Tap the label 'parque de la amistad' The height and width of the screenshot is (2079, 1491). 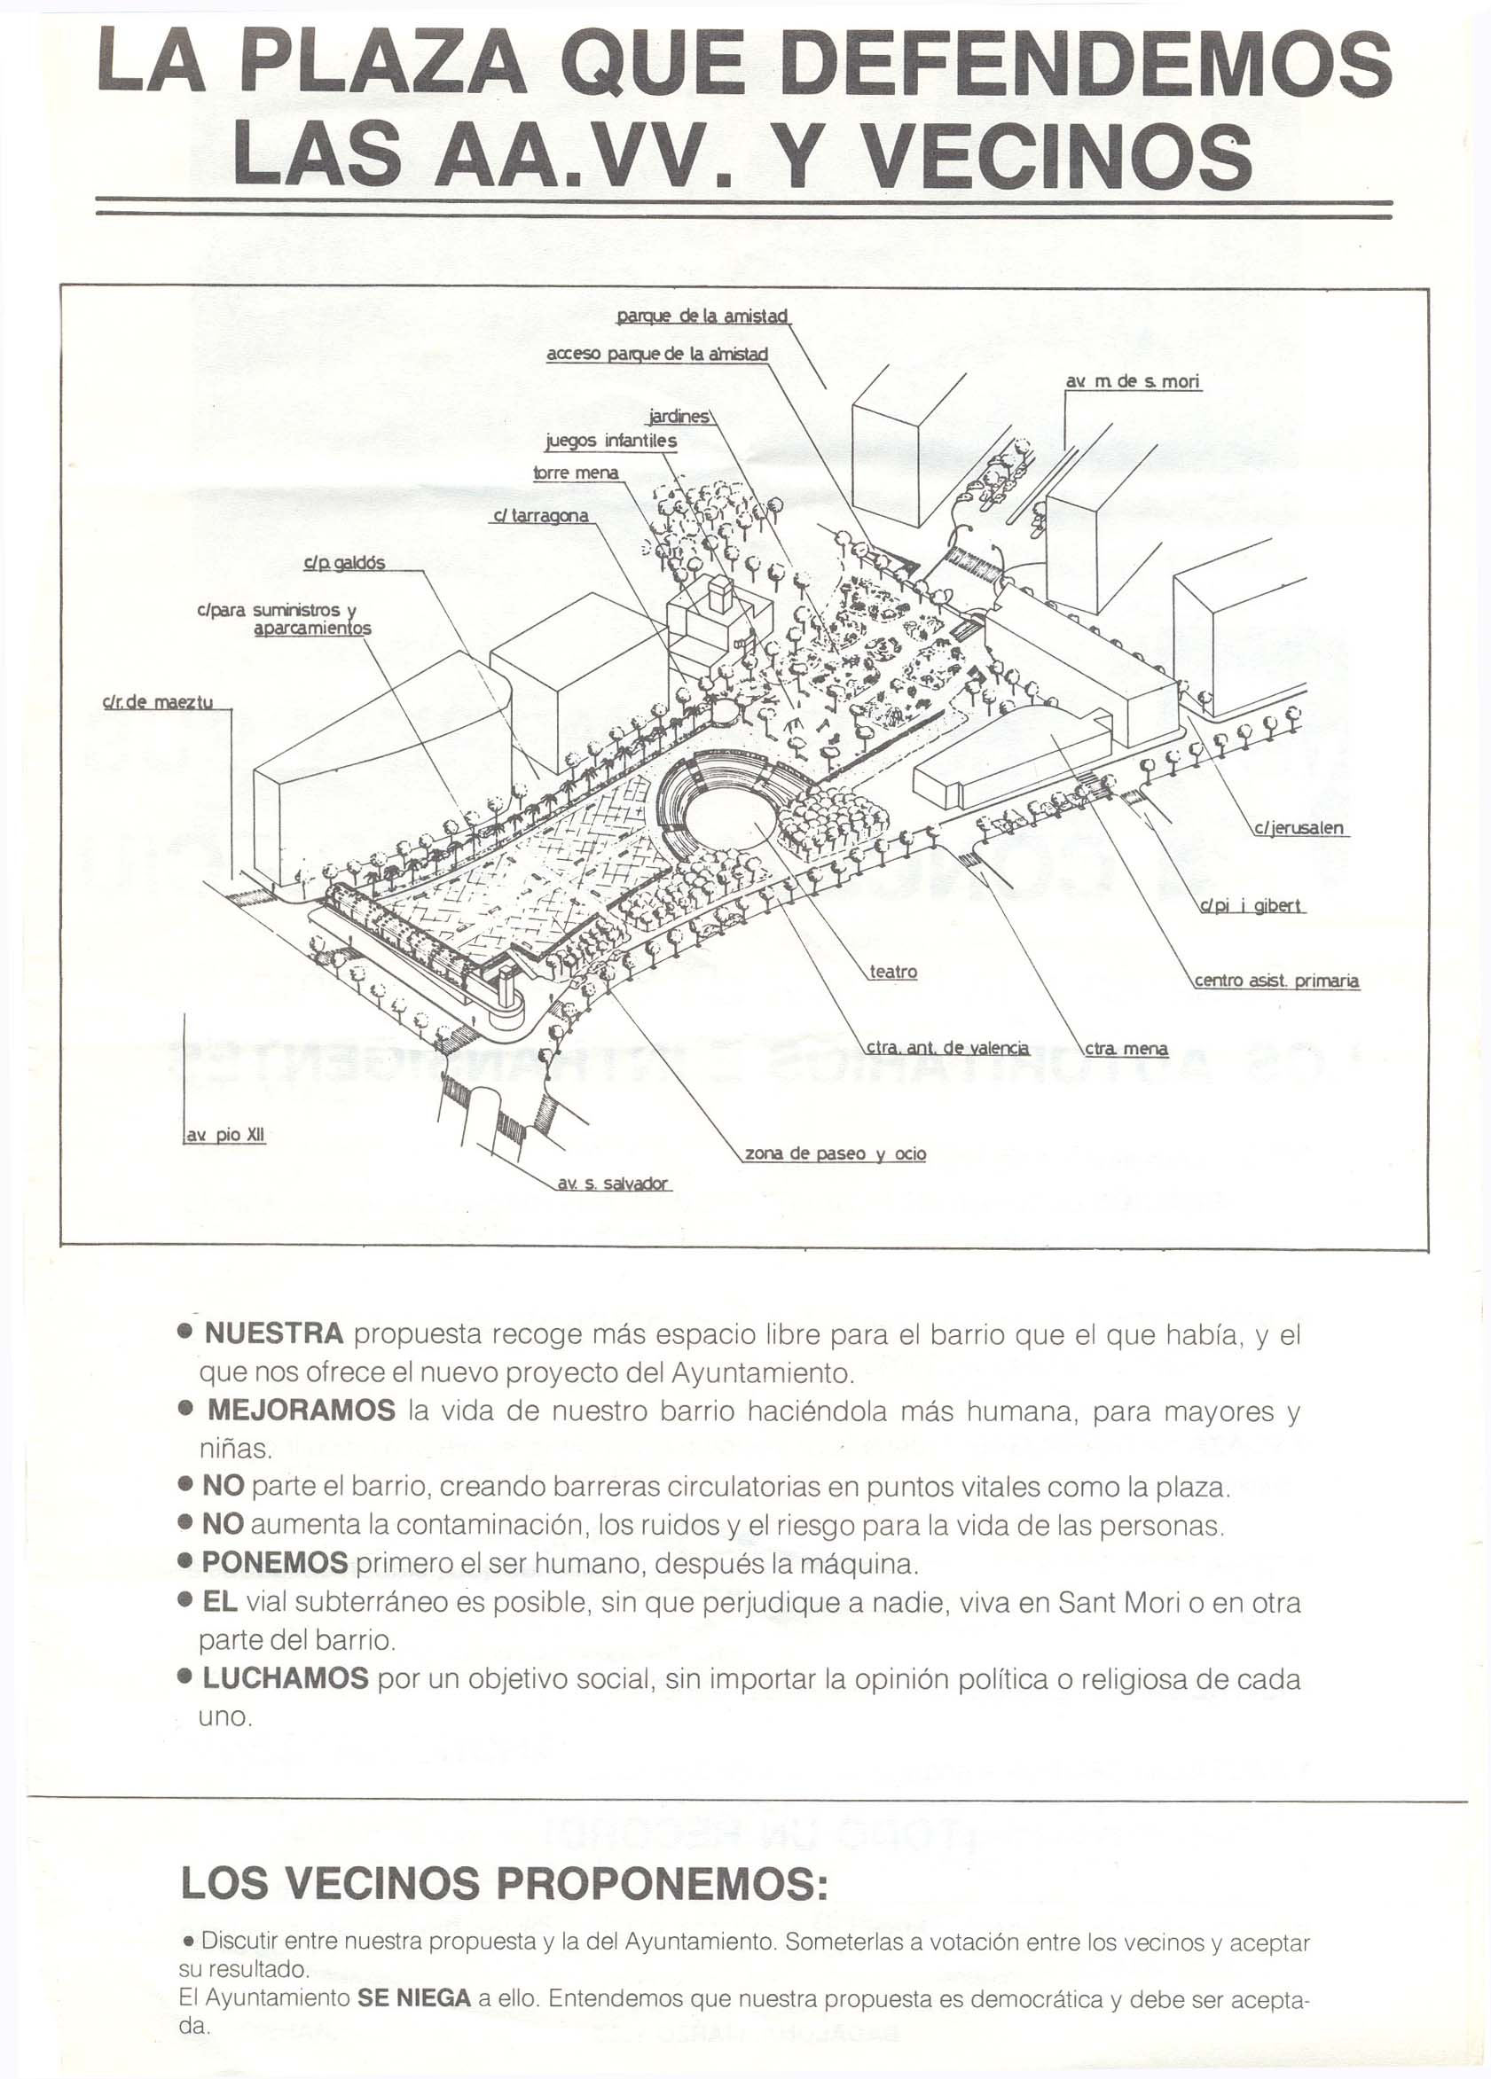coord(702,317)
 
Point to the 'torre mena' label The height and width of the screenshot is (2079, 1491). coord(576,473)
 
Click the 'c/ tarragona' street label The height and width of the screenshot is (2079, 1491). coord(541,516)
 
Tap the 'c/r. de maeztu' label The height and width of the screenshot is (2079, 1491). coord(158,703)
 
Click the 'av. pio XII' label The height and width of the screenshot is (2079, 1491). coord(225,1135)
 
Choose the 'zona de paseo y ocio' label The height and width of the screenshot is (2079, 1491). coord(835,1153)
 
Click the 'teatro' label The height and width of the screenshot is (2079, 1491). coord(892,972)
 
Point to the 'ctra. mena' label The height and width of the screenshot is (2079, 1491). coord(1126,1049)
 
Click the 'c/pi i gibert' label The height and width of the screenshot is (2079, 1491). coord(1252,907)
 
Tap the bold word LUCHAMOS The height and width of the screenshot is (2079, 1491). coord(286,1678)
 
